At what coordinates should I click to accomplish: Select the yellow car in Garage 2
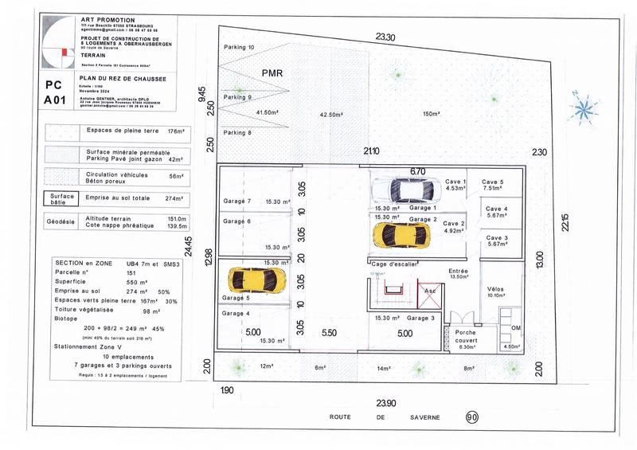coord(402,234)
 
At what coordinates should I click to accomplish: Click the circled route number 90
coord(471,417)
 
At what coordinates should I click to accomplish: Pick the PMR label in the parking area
coord(272,72)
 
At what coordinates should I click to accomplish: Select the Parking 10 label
coord(238,48)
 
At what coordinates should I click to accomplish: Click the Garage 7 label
coord(236,201)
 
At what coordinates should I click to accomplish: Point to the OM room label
coord(515,328)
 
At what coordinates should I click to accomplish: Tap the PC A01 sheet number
coord(55,92)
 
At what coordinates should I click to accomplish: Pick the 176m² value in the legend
coord(174,131)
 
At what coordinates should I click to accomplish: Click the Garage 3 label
coord(422,318)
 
